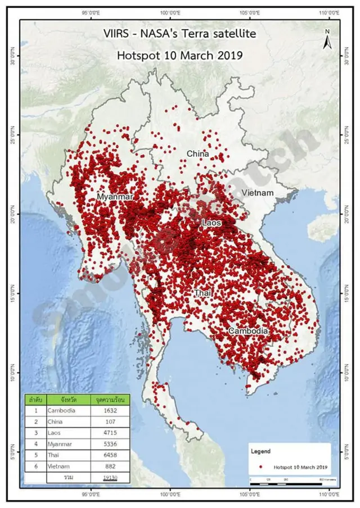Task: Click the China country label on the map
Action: tap(197, 154)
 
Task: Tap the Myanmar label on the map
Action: tap(115, 197)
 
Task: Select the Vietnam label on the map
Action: tap(257, 193)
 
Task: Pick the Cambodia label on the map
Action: tap(247, 332)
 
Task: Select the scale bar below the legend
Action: tap(287, 483)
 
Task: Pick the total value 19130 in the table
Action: tap(110, 477)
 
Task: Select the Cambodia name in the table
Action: tap(62, 411)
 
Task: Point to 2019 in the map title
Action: tap(229, 55)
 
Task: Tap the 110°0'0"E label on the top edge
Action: tap(330, 12)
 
